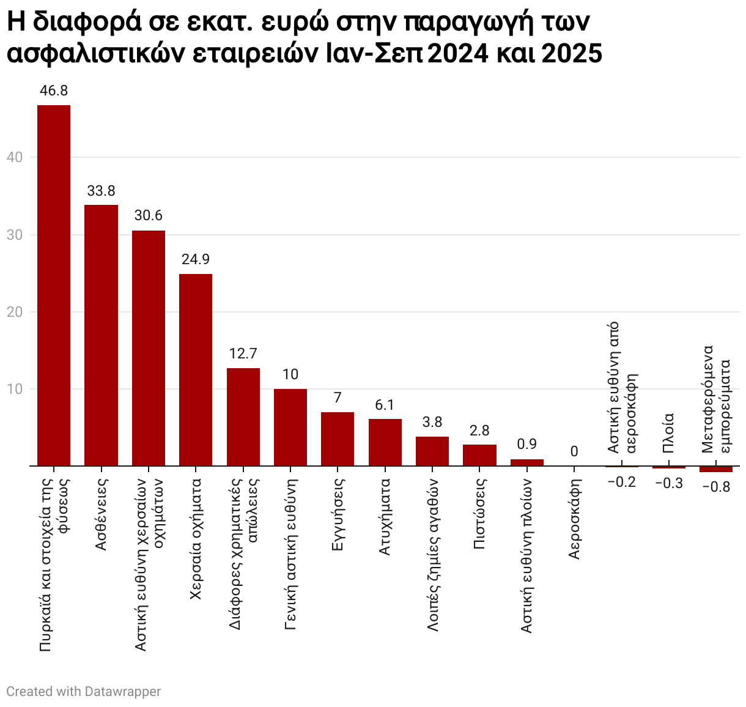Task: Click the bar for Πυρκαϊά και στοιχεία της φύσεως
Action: point(54,286)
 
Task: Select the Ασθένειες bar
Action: point(101,335)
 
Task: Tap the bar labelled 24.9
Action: point(196,370)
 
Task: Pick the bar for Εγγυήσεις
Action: point(338,439)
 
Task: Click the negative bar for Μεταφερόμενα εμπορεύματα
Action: point(715,469)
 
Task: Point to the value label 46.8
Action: point(54,91)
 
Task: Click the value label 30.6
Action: point(149,216)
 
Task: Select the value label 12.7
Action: point(243,354)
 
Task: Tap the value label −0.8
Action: point(716,488)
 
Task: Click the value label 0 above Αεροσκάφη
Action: point(574,452)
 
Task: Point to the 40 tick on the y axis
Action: point(15,158)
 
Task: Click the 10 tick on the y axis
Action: point(15,390)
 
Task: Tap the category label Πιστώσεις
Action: point(479,514)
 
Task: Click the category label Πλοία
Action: point(668,432)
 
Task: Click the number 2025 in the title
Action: point(571,54)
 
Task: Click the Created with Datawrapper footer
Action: point(84,692)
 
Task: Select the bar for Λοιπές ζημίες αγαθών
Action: point(432,451)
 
